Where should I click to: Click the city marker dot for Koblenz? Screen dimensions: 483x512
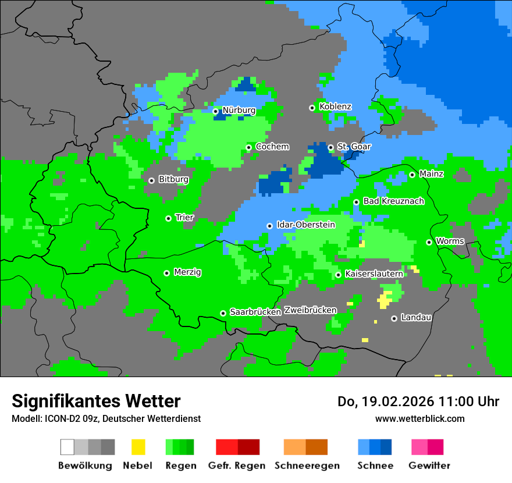coord(312,108)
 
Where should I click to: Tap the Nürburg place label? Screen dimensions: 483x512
coord(239,110)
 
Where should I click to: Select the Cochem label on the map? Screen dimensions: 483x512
coord(272,147)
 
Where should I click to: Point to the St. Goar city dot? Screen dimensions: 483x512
coord(330,147)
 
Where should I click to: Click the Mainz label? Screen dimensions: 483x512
coord(431,174)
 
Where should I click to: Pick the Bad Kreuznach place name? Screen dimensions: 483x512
coord(393,201)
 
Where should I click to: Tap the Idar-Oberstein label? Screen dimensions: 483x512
coord(306,225)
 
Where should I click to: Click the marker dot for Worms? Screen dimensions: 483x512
coord(429,242)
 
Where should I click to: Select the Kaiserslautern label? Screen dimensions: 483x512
coord(374,274)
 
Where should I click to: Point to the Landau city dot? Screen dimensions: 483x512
coord(394,318)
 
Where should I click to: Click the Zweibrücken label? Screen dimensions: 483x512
coord(310,310)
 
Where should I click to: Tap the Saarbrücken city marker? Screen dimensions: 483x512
coord(223,313)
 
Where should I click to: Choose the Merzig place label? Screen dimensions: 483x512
coord(187,272)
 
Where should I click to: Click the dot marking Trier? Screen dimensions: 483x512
coord(168,218)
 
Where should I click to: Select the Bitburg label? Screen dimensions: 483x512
coord(173,179)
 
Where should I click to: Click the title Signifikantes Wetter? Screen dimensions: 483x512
coord(96,401)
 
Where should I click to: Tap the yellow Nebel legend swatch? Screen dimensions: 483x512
coord(138,447)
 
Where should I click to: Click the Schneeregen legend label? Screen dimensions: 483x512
coord(307,466)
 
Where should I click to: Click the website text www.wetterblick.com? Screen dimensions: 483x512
coord(419,418)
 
